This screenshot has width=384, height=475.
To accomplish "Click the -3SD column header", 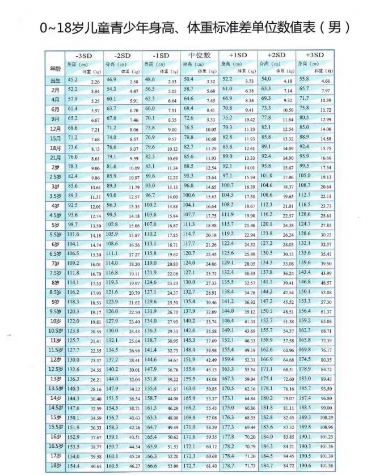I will click(85, 55).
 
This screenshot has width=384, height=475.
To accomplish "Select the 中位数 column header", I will click(199, 55).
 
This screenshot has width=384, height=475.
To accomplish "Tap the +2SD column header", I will click(276, 55).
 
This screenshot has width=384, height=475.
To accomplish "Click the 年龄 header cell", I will click(54, 67).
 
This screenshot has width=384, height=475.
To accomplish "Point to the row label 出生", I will click(56, 80).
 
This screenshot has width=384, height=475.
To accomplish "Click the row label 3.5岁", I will click(56, 196).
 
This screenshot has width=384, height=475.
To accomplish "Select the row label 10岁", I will click(56, 321).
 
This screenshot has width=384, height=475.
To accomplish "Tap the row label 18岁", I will click(55, 465).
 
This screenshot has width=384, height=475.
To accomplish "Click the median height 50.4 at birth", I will click(189, 80).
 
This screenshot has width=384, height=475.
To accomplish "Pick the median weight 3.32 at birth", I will click(210, 82).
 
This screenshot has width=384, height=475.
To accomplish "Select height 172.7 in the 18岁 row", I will click(189, 465).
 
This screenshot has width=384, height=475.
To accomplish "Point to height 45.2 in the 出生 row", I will click(73, 80).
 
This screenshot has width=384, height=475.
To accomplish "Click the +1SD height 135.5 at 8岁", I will click(228, 282).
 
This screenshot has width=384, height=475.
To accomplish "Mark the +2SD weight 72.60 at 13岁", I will click(288, 380).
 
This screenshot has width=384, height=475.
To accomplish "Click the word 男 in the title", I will click(332, 27).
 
